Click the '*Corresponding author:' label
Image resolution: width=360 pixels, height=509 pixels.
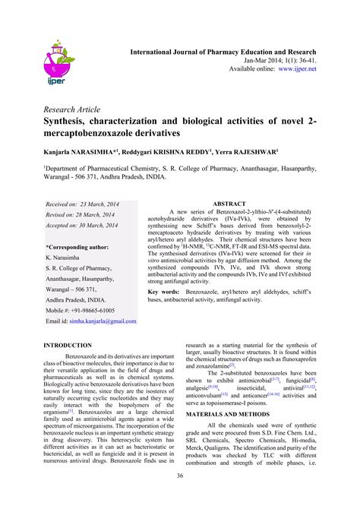coord(77,247)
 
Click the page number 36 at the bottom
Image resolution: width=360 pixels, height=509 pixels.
coord(180,476)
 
